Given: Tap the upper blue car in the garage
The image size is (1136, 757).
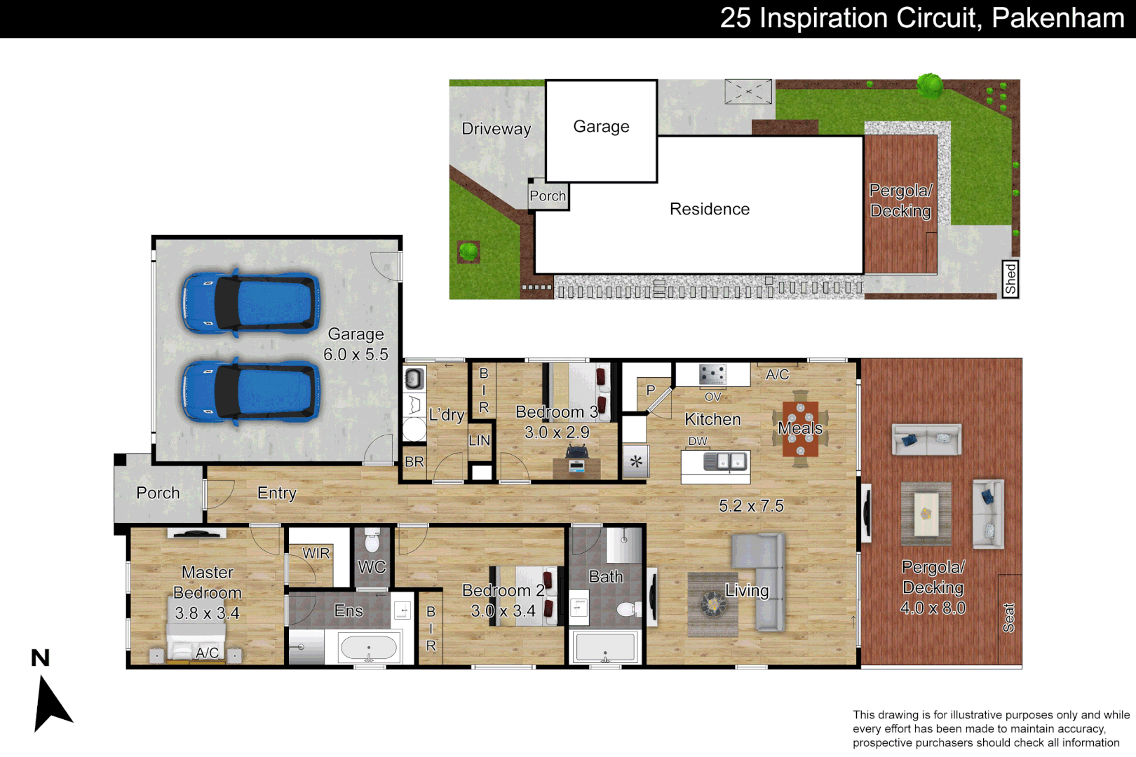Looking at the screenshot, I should [250, 303].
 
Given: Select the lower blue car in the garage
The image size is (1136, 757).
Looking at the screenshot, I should [250, 391].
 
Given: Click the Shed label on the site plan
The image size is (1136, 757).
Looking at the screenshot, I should [1010, 279].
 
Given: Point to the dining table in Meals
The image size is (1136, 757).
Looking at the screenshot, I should [800, 428].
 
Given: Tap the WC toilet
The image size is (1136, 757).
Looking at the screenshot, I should [372, 541].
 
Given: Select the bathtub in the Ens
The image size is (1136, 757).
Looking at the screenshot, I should [369, 647].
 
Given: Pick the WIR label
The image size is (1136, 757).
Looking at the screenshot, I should [316, 553].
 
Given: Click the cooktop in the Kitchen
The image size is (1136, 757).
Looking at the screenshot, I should [712, 374].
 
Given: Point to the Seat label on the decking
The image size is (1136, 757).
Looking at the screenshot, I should [1008, 618].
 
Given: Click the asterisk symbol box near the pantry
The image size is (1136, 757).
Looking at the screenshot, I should [636, 462].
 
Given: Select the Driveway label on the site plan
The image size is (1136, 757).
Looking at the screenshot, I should [496, 129].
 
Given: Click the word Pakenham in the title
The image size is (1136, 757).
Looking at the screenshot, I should [1057, 18].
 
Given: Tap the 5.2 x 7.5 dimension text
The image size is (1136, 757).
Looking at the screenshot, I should [751, 506].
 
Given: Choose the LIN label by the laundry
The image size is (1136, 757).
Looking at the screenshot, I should [479, 440].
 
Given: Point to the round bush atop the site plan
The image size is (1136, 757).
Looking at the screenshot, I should [931, 86].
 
